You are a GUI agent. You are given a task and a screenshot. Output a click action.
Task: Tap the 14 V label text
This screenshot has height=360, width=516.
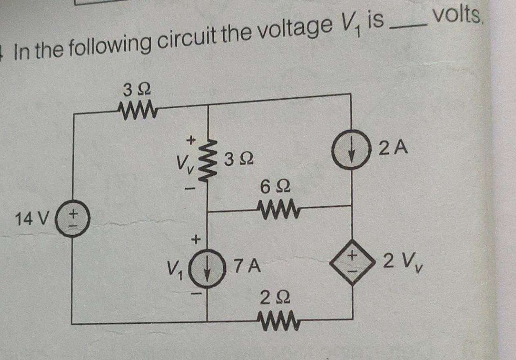tap(31, 220)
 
